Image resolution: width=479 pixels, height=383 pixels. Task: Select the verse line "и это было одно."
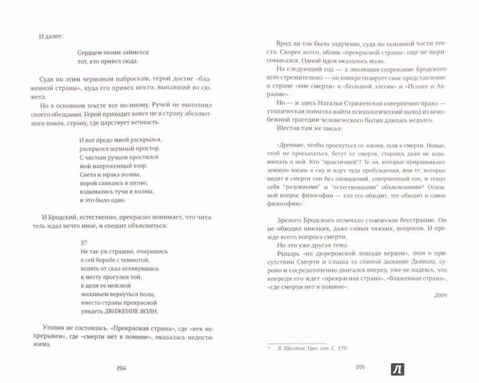click(x=108, y=201)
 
